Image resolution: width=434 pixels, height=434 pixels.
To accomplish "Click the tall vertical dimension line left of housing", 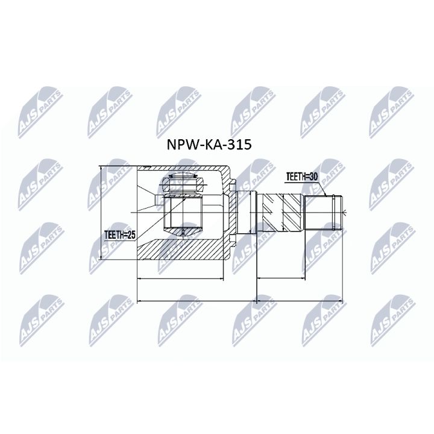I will click(x=100, y=212).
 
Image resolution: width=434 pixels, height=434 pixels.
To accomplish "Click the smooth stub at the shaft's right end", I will click(x=324, y=212).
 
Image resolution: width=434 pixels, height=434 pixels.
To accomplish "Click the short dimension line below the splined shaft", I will click(x=281, y=279).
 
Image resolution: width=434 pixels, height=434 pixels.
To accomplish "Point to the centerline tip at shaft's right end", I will click(x=346, y=212).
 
